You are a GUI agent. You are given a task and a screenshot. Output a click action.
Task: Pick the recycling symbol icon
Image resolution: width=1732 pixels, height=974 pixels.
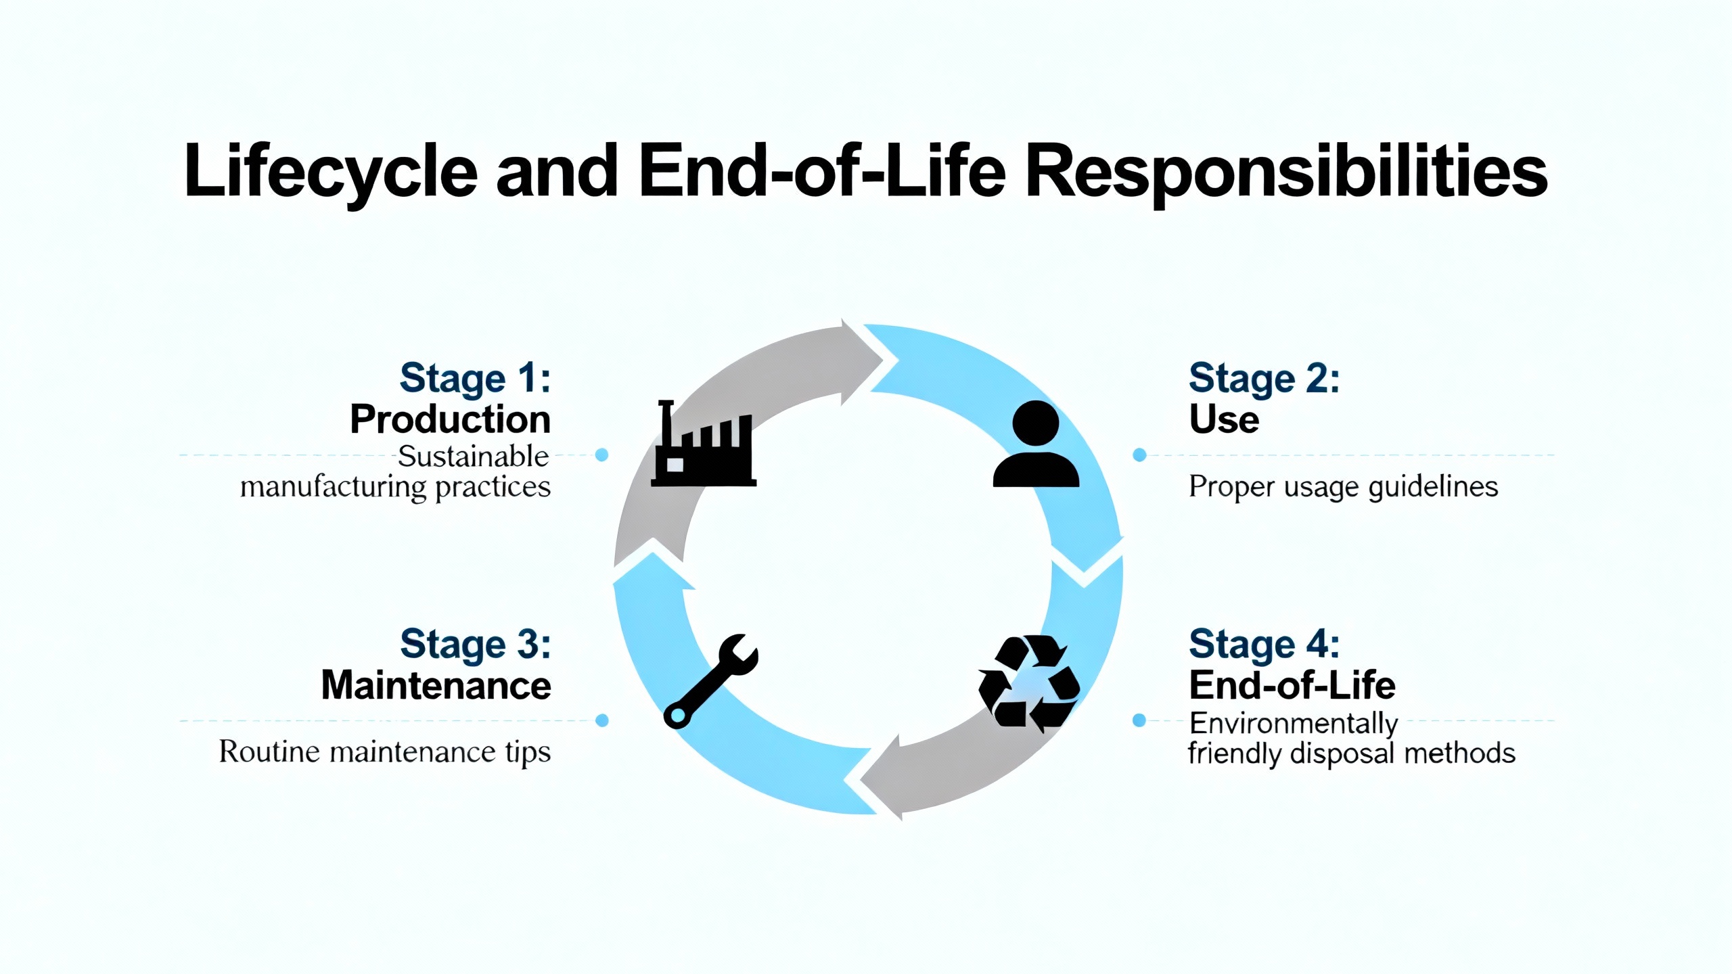click(1028, 683)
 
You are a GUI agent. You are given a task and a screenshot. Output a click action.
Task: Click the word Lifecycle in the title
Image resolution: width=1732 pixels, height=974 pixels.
click(331, 172)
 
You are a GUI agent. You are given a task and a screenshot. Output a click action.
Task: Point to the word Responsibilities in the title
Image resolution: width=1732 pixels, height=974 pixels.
click(1286, 172)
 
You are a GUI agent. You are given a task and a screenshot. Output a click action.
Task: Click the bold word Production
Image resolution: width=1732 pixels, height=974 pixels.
click(450, 419)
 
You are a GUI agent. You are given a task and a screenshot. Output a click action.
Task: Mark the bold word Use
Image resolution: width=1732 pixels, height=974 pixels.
click(1224, 419)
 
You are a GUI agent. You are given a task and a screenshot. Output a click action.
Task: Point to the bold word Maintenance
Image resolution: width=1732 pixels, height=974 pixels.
click(436, 685)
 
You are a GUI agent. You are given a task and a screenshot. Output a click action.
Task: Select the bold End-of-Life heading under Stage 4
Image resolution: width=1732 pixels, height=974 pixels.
click(1292, 685)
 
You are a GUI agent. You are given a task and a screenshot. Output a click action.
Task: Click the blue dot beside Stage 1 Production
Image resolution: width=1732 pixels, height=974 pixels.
click(601, 455)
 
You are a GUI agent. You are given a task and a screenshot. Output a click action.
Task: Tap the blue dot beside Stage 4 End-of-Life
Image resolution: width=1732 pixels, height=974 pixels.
click(1139, 720)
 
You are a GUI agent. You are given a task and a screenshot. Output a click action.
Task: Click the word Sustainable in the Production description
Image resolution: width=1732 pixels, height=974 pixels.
click(473, 457)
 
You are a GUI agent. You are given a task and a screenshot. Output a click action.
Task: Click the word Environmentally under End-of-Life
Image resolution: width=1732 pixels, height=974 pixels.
click(1294, 724)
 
